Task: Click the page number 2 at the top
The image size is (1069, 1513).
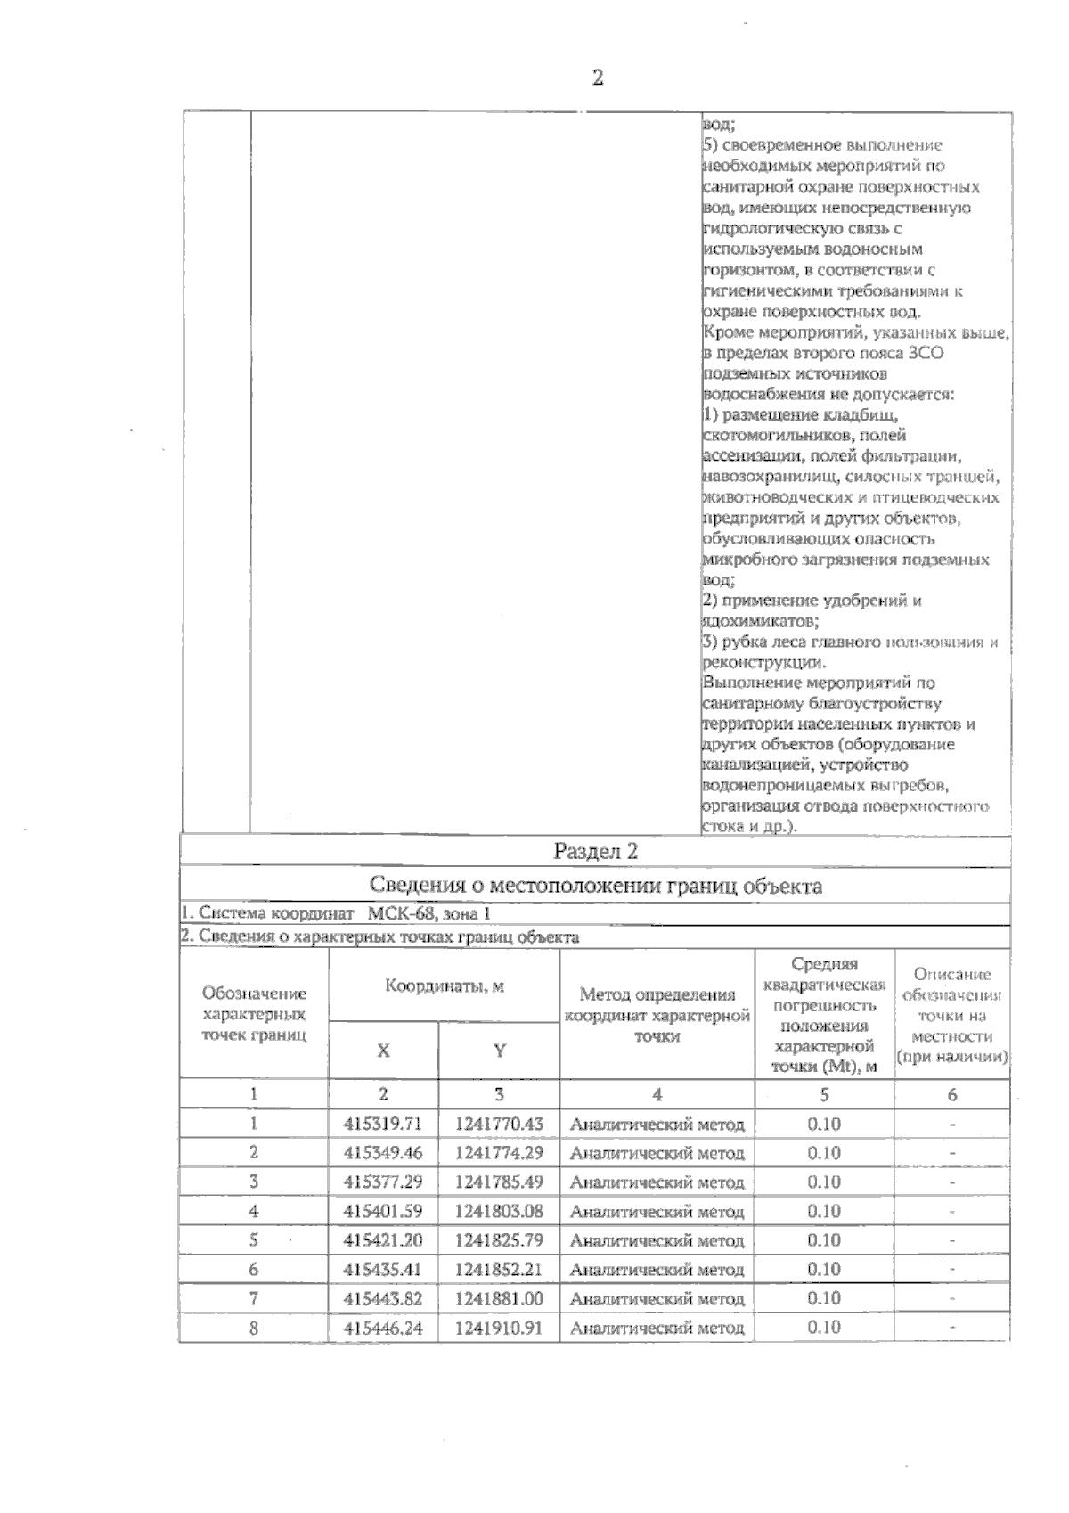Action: (597, 78)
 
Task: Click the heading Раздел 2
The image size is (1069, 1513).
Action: (595, 851)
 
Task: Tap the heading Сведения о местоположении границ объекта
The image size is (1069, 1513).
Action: (595, 886)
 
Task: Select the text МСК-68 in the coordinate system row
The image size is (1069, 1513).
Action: (399, 913)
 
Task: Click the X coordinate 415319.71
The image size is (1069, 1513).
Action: (383, 1124)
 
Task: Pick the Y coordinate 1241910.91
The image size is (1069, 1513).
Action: (499, 1328)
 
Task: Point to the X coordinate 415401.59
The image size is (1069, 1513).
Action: (383, 1211)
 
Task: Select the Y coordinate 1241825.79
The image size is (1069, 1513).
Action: (499, 1240)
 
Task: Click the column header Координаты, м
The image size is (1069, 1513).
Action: (444, 986)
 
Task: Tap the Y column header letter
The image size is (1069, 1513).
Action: (499, 1051)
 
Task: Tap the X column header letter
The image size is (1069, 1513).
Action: (383, 1051)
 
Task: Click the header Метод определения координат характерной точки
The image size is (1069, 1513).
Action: (657, 1015)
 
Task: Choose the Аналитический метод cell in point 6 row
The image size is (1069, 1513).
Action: (657, 1270)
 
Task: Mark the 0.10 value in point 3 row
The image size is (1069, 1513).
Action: (823, 1182)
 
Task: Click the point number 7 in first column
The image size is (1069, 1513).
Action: (254, 1298)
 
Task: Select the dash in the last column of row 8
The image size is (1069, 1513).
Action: (951, 1328)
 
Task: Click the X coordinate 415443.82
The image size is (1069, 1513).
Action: (383, 1298)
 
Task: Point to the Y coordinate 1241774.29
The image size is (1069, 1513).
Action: (499, 1153)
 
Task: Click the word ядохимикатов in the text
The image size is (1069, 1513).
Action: (759, 621)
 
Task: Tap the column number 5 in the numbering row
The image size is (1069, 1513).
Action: (823, 1094)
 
